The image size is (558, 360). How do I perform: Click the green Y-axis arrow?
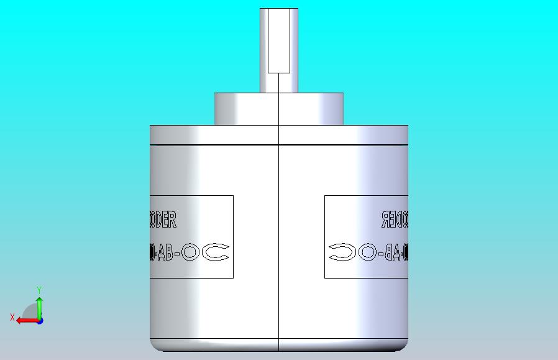[x=39, y=306]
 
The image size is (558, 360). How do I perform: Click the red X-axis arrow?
[x=25, y=321]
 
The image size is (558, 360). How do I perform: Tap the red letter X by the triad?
[x=12, y=318]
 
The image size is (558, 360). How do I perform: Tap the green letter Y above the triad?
[x=39, y=290]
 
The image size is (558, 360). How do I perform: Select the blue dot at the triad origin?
[x=40, y=321]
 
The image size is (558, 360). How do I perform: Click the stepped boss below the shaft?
[x=278, y=109]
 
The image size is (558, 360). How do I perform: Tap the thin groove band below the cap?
[x=278, y=145]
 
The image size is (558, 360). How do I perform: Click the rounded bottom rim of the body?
[x=278, y=345]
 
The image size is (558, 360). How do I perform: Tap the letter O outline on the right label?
[x=367, y=252]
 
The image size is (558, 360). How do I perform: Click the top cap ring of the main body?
[x=278, y=134]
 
